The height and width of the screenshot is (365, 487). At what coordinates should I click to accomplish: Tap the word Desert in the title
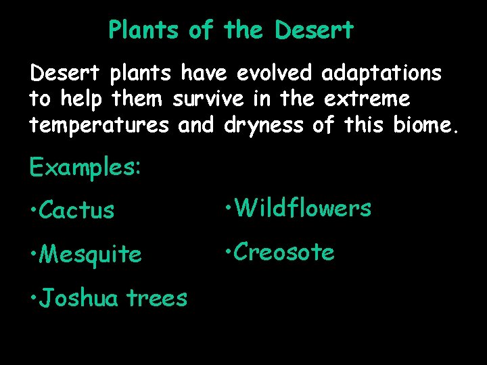click(x=315, y=30)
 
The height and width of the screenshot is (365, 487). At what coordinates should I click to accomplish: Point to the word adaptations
click(x=382, y=73)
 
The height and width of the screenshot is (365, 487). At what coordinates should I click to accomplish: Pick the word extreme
click(x=367, y=99)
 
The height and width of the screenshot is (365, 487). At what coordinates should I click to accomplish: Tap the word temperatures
click(x=99, y=125)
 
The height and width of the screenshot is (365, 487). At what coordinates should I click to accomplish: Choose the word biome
click(x=425, y=125)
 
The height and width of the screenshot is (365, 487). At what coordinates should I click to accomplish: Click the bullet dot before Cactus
click(x=33, y=211)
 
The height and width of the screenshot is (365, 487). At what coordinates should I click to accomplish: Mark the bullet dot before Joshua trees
click(x=33, y=298)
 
